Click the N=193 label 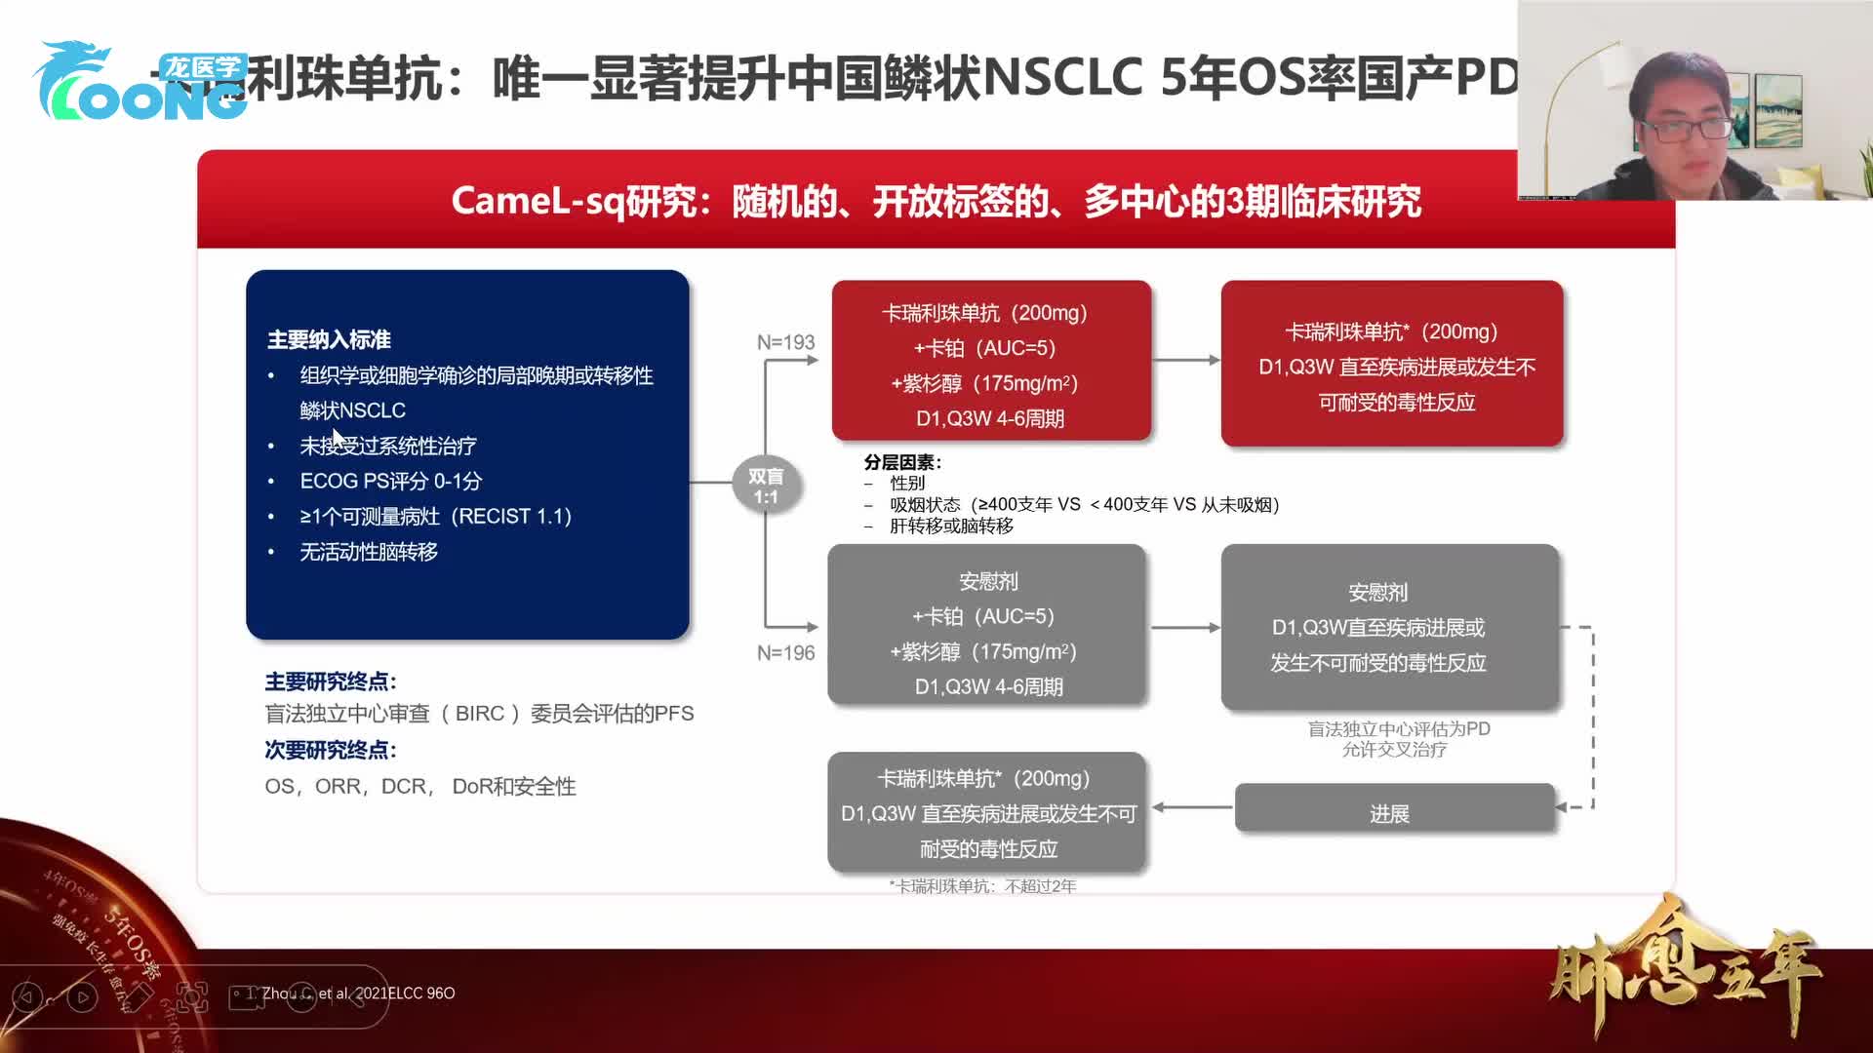click(785, 342)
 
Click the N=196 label click(785, 652)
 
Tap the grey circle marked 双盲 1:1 click(766, 486)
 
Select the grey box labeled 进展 click(1393, 813)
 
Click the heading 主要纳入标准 click(329, 339)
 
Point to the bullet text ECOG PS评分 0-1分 click(390, 481)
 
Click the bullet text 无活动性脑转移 click(369, 552)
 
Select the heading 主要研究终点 click(330, 682)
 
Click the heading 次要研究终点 click(330, 750)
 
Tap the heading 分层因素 click(901, 462)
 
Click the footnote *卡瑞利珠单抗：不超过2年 click(982, 885)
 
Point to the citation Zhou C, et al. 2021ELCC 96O click(357, 993)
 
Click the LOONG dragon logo click(137, 83)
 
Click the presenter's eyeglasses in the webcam click(1685, 128)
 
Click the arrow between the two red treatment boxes click(1185, 360)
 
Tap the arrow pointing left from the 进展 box click(1191, 806)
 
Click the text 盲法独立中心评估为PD click(1398, 728)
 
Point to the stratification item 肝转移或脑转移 click(951, 526)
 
